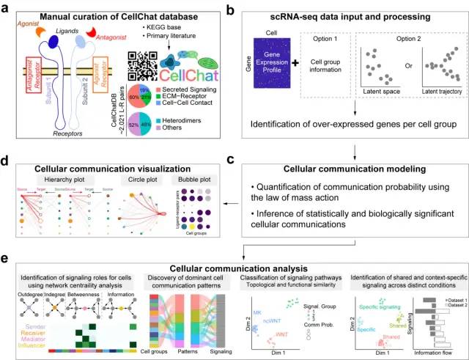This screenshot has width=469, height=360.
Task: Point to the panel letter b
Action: click(x=250, y=9)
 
